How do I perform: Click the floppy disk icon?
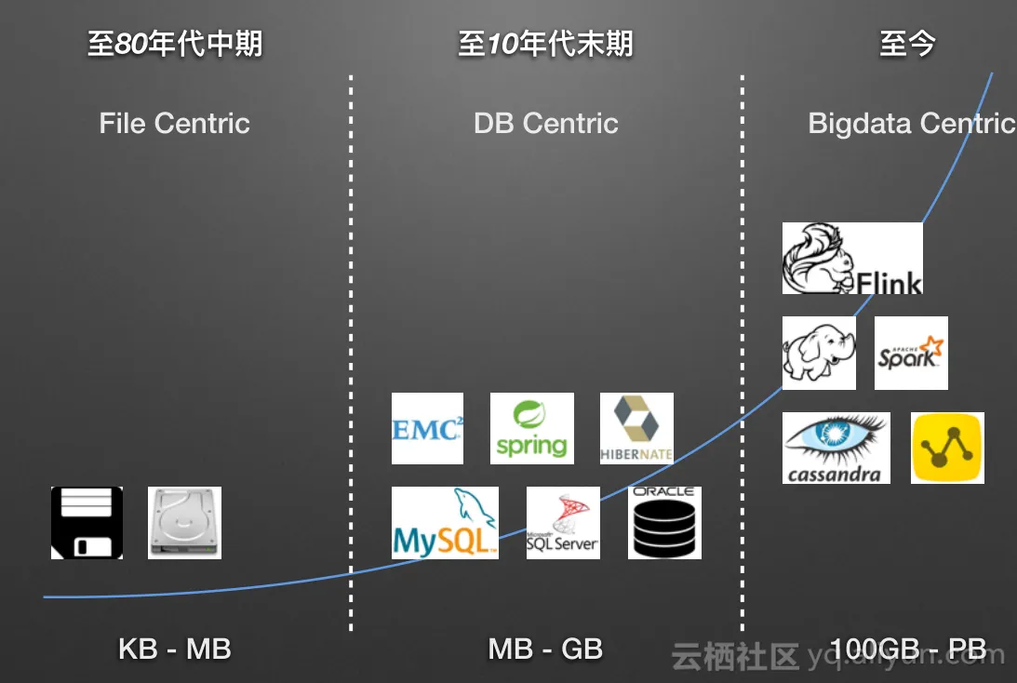tap(87, 522)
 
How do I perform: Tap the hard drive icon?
tap(184, 522)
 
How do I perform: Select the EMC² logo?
tap(427, 428)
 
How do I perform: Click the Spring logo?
tap(531, 428)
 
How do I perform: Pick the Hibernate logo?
tap(636, 428)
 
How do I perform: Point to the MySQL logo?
tap(445, 522)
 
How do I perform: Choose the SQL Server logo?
tap(563, 522)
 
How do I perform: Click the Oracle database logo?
tap(664, 522)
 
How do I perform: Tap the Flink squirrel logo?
tap(852, 258)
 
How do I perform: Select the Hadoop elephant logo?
tap(819, 353)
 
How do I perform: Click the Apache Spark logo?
tap(911, 353)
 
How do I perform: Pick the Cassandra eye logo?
tap(836, 448)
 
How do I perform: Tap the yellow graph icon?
tap(947, 448)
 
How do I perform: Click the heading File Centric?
tap(175, 123)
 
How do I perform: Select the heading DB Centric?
tap(546, 123)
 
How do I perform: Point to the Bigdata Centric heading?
tap(911, 123)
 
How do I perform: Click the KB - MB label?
tap(175, 649)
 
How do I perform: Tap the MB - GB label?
tap(546, 649)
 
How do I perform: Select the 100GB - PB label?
tap(907, 649)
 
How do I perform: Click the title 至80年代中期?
tap(175, 44)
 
